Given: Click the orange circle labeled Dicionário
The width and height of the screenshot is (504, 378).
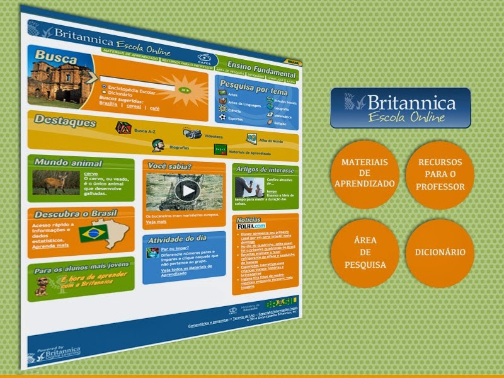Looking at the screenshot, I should click(x=440, y=253).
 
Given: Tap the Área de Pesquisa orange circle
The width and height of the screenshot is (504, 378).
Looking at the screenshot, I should click(x=365, y=253).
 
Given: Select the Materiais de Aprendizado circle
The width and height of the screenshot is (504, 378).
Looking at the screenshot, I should click(x=365, y=174).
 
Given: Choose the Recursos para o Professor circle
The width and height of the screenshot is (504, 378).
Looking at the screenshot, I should click(x=440, y=174).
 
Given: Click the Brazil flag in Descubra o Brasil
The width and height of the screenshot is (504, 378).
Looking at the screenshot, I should click(x=94, y=233).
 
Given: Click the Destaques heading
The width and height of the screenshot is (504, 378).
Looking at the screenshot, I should click(x=65, y=120).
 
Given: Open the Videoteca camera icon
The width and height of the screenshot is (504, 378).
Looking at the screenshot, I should click(x=192, y=134).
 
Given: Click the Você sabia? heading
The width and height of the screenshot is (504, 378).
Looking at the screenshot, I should click(x=169, y=166).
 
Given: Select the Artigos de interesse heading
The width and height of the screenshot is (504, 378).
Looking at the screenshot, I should click(x=265, y=169).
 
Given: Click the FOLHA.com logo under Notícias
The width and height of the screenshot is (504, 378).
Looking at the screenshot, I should click(x=251, y=226).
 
